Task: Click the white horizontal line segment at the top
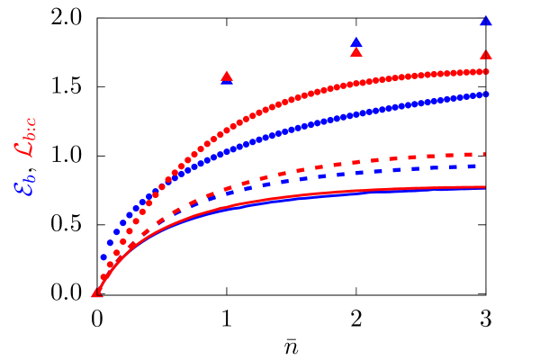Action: (x=139, y=25)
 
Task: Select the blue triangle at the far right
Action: (x=486, y=21)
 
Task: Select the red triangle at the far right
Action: (x=486, y=55)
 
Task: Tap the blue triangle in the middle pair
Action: (x=356, y=42)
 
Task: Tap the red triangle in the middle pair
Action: (x=356, y=52)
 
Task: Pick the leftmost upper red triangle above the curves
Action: (x=227, y=76)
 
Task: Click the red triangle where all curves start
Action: (x=97, y=292)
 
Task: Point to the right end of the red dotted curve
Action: (x=486, y=71)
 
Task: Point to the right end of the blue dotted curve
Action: (x=486, y=94)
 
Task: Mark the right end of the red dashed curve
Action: (x=483, y=154)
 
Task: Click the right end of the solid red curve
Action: (x=485, y=187)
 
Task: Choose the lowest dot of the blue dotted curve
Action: (x=103, y=257)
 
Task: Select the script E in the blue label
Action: (x=22, y=186)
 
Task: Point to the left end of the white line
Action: (x=112, y=25)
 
